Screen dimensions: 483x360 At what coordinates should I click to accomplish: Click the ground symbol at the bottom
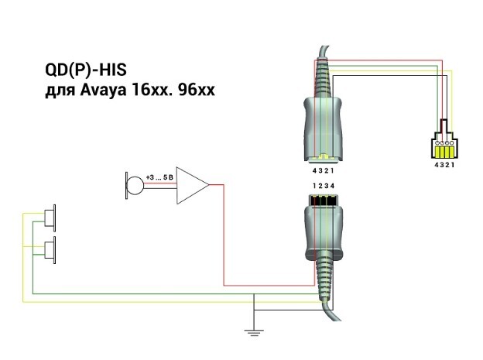pos(254,332)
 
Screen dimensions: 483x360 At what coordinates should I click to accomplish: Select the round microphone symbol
pos(135,185)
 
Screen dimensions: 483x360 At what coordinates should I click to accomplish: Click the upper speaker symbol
pos(50,218)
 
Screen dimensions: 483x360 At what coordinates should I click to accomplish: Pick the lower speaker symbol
pos(50,250)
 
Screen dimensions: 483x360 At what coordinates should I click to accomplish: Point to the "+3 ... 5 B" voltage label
pos(159,177)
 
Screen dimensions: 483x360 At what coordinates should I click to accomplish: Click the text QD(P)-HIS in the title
pos(86,70)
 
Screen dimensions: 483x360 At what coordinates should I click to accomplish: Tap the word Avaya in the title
pos(103,91)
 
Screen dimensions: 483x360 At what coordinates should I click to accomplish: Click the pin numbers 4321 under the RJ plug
pos(444,165)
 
